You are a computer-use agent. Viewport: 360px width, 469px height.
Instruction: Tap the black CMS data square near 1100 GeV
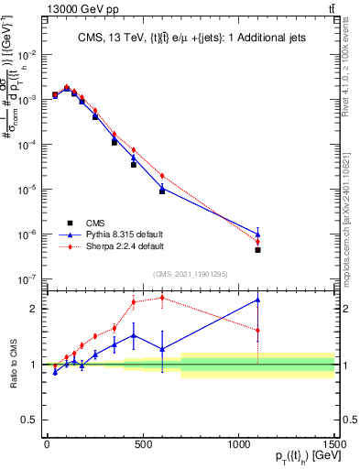pos(258,250)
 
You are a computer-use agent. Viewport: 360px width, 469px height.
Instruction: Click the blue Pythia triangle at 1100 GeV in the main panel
pos(258,234)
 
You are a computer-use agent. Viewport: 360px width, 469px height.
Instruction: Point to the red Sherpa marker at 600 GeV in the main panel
pos(162,176)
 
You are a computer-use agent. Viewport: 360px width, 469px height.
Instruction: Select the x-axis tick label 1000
pos(238,444)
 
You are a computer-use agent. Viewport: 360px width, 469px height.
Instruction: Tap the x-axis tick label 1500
pos(333,444)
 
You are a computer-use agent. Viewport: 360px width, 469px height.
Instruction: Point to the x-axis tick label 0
pos(47,444)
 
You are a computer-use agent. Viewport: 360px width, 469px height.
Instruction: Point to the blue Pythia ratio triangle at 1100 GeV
pos(258,300)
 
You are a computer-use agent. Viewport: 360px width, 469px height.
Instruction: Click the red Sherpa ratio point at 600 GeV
pos(162,297)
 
